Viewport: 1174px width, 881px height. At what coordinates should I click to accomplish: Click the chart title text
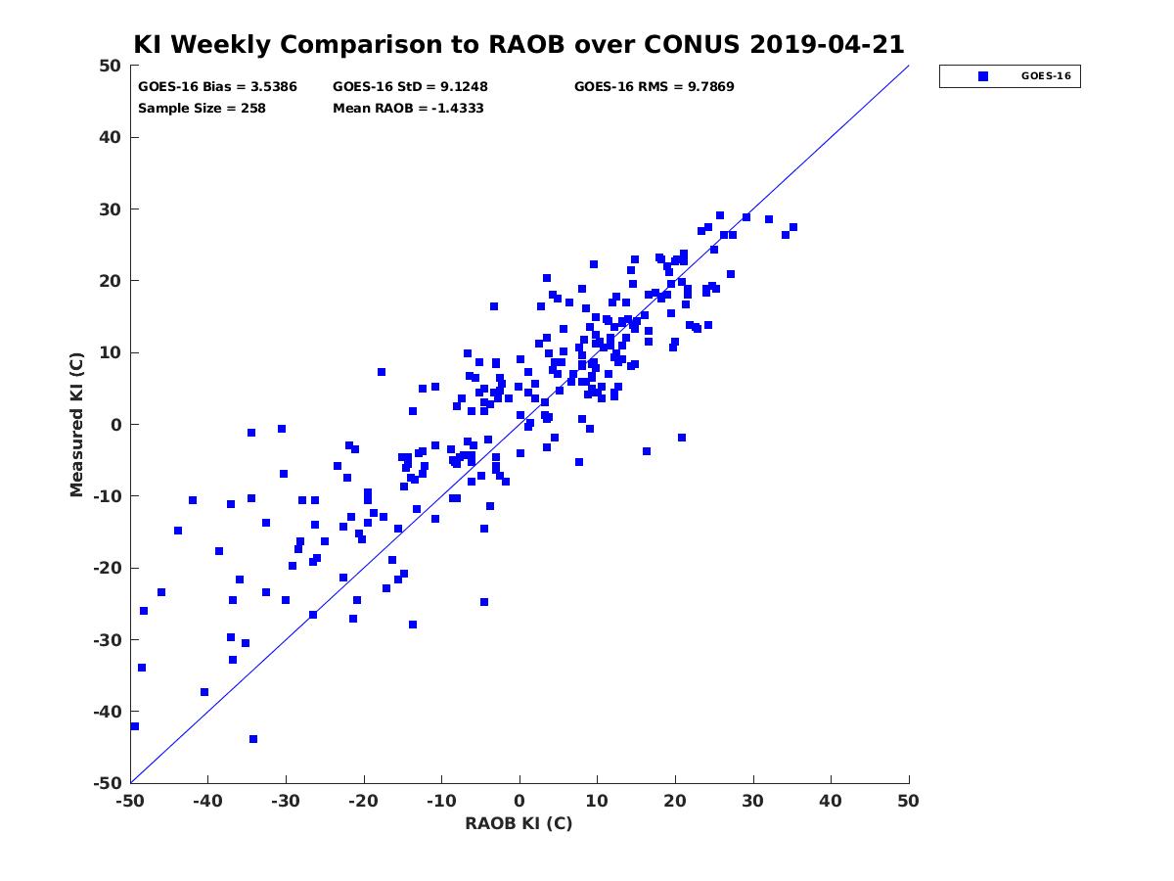[519, 45]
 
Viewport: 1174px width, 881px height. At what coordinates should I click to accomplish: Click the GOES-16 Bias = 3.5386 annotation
[217, 87]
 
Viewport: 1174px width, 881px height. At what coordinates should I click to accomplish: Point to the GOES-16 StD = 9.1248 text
[410, 87]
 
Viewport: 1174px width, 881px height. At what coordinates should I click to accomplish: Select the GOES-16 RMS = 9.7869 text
[655, 87]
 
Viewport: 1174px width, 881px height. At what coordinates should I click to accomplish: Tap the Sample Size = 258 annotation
[202, 109]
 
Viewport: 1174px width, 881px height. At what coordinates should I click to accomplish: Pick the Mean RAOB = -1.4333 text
[408, 109]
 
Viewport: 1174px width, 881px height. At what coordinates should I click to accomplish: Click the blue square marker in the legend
[983, 76]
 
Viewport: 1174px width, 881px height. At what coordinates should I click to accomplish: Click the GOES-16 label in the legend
[1046, 76]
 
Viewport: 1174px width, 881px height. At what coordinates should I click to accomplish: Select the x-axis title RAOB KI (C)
[519, 823]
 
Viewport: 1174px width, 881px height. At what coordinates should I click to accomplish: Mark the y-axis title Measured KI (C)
[76, 424]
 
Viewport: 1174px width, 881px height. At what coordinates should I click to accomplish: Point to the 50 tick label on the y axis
[111, 66]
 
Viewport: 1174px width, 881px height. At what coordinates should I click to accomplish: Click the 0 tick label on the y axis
[116, 425]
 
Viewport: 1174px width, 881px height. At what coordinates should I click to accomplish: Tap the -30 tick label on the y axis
[108, 640]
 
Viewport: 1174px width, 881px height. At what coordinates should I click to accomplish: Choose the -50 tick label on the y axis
[108, 783]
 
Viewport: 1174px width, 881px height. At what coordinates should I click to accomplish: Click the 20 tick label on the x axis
[675, 801]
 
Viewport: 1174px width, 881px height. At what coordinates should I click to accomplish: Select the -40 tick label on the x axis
[207, 801]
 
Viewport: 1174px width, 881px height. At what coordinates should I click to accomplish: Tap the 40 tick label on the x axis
[831, 801]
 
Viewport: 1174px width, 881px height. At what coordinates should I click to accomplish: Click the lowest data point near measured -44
[253, 739]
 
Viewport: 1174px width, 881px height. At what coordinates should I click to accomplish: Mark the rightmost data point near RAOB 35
[793, 227]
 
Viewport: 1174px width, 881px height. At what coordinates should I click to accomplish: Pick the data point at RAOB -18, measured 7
[382, 372]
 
